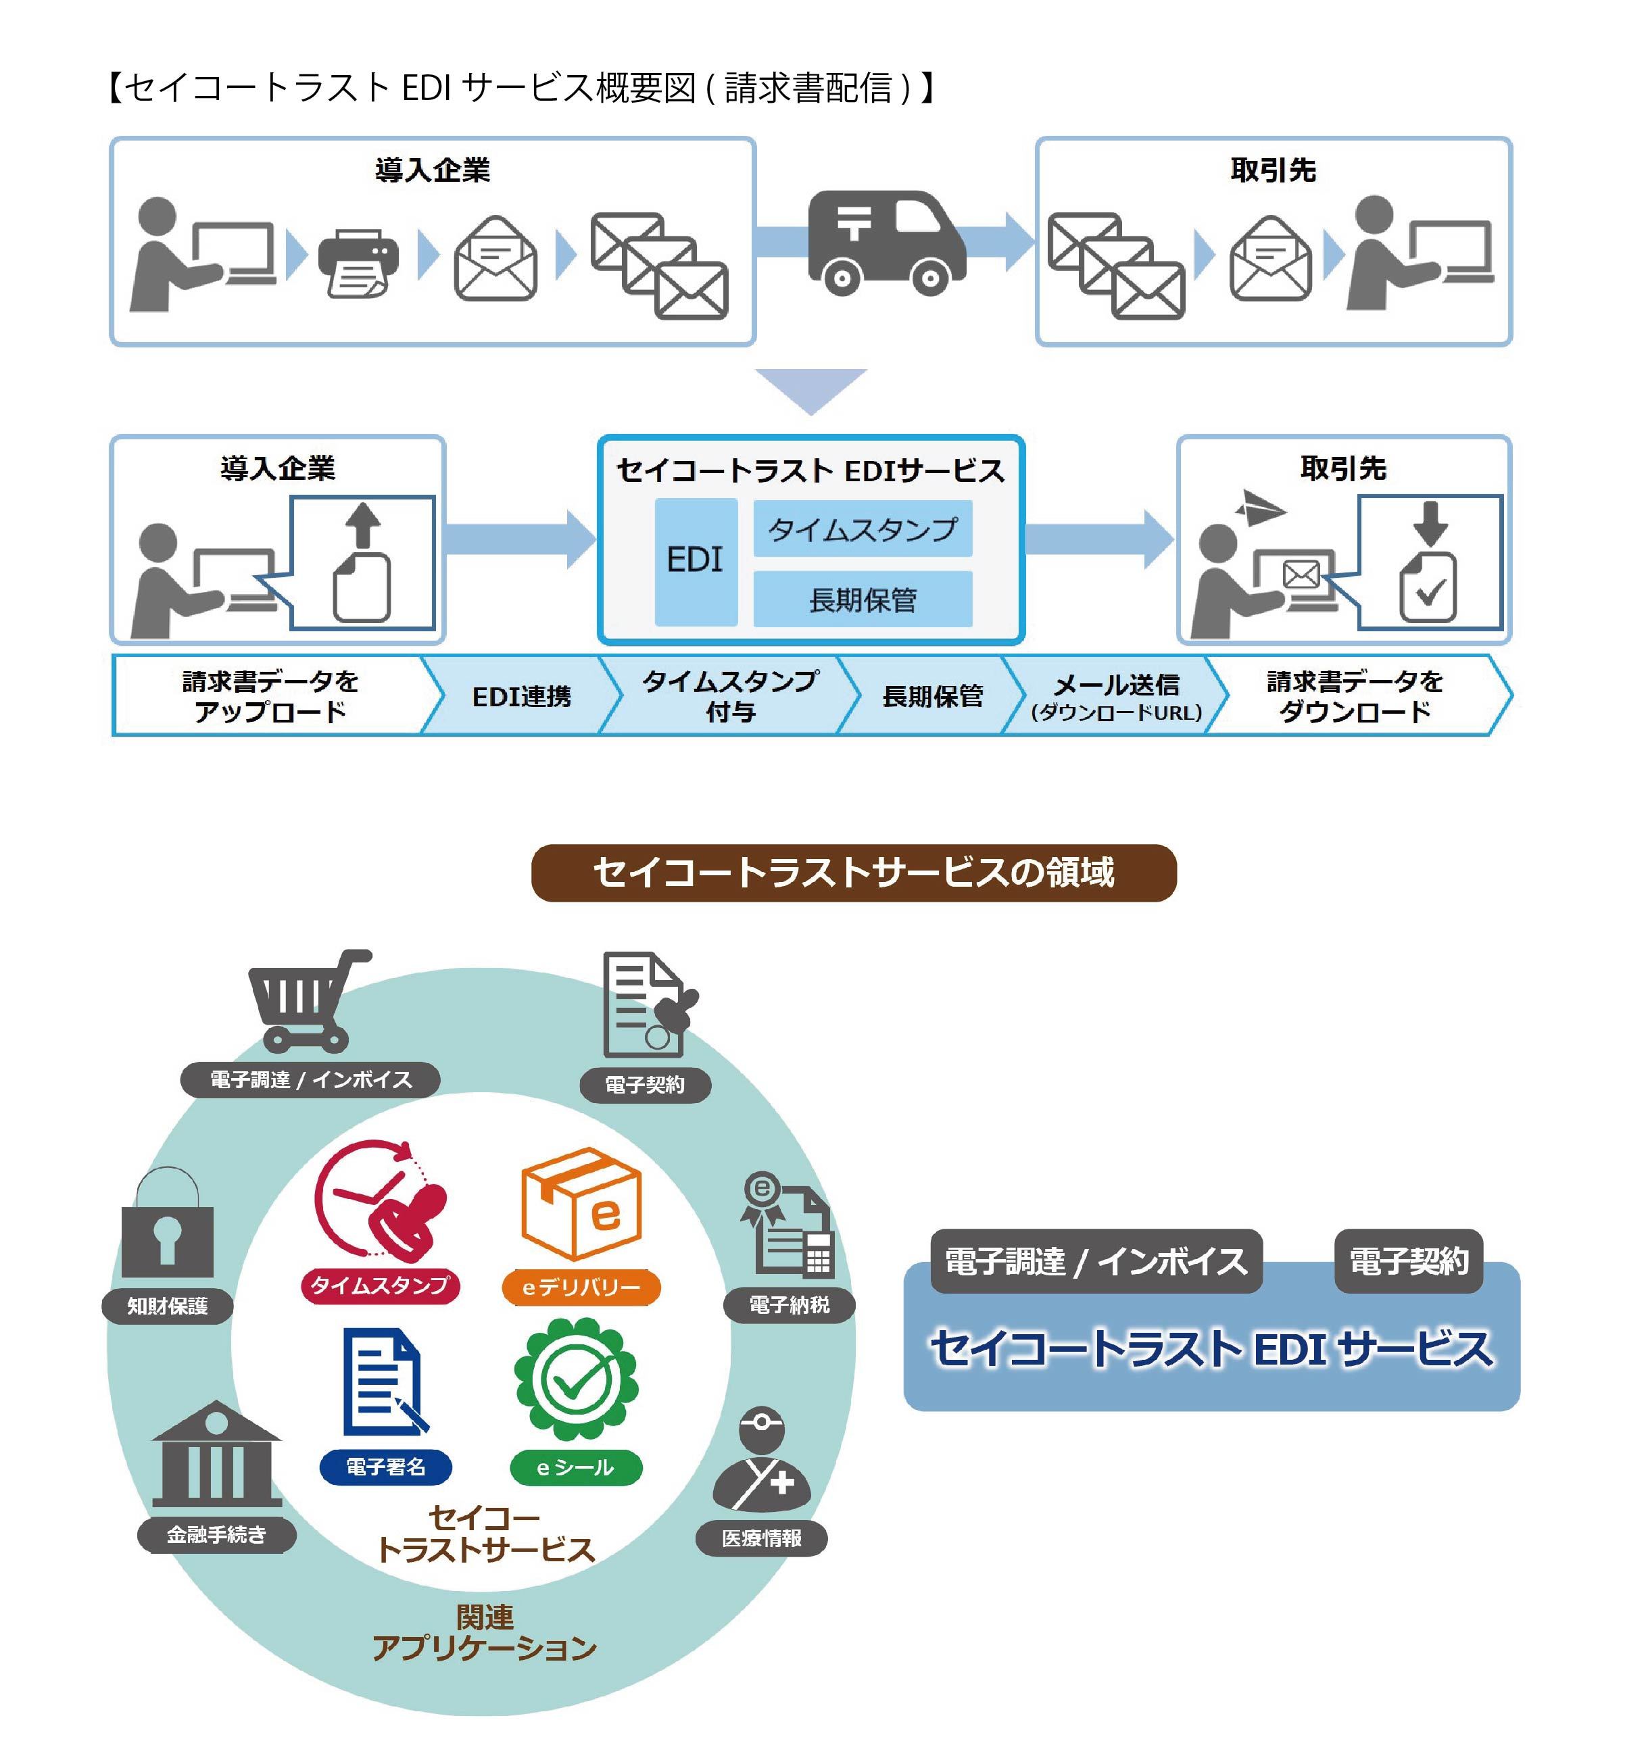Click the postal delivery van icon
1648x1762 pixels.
tap(886, 241)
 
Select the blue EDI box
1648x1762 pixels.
tap(695, 561)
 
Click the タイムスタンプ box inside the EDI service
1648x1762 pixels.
tap(862, 529)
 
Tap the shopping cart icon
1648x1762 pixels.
tap(306, 1000)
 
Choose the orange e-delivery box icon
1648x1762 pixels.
tap(581, 1203)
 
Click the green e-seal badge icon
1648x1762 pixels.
tap(576, 1379)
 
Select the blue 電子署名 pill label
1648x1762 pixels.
tap(385, 1467)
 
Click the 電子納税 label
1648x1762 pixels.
tap(789, 1304)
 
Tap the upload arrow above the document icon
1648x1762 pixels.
tap(362, 526)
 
